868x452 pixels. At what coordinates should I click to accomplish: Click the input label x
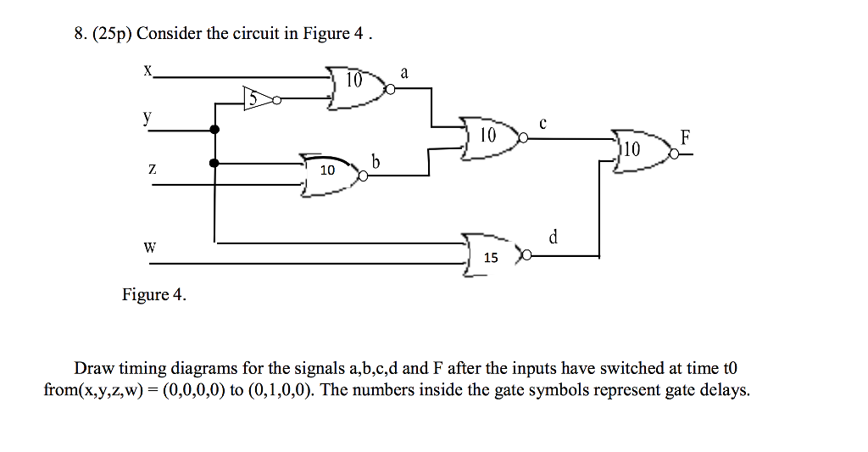pyautogui.click(x=147, y=71)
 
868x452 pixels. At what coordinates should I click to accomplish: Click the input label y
pyautogui.click(x=147, y=120)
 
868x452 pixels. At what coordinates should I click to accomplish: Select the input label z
pyautogui.click(x=152, y=170)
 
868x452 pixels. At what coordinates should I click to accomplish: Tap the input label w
pyautogui.click(x=150, y=248)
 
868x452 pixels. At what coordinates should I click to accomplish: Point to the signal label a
pyautogui.click(x=404, y=74)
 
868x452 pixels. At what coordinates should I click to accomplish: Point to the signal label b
pyautogui.click(x=376, y=160)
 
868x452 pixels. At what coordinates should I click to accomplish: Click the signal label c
pyautogui.click(x=543, y=124)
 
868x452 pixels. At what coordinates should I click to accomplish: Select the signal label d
pyautogui.click(x=553, y=237)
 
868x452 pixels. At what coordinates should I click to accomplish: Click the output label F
pyautogui.click(x=685, y=136)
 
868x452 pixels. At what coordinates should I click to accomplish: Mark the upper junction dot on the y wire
pyautogui.click(x=214, y=130)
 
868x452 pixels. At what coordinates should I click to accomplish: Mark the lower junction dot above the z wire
pyautogui.click(x=214, y=163)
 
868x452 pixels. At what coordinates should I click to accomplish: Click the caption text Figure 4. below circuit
pyautogui.click(x=153, y=294)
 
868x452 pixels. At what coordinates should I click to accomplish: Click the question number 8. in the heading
pyautogui.click(x=80, y=34)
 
